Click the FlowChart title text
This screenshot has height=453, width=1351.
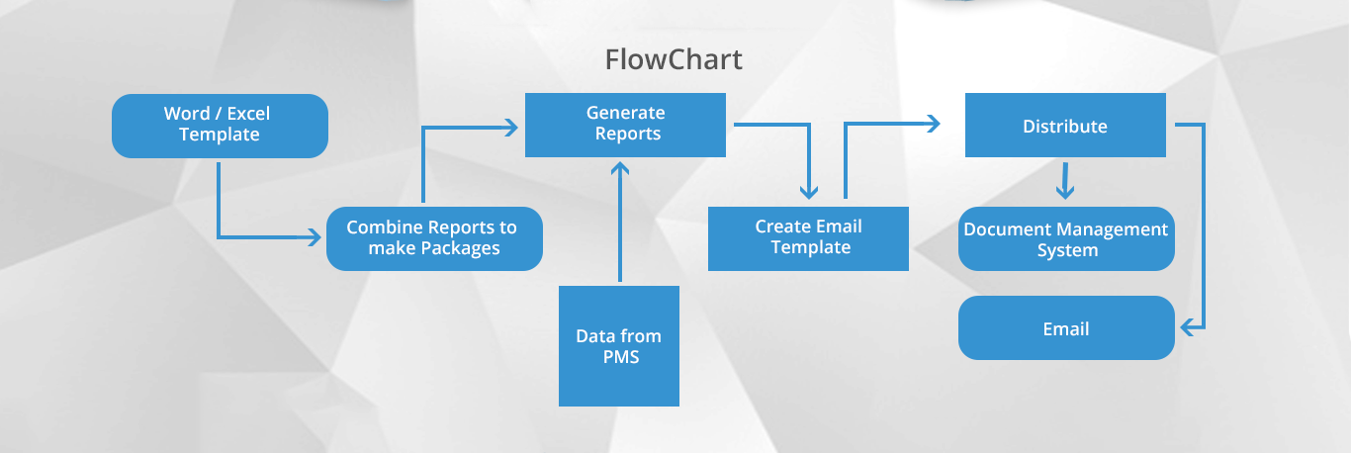(x=674, y=59)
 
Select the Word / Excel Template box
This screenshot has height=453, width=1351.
(x=220, y=126)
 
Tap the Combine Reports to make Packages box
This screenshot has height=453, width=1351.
(x=434, y=238)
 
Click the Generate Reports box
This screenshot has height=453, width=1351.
(x=625, y=125)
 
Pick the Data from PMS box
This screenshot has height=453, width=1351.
(x=619, y=346)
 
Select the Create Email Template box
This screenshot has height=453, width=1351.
(x=808, y=238)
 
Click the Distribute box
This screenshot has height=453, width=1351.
(x=1065, y=126)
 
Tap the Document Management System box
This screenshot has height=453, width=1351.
(x=1066, y=238)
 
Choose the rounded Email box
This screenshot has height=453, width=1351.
(x=1066, y=329)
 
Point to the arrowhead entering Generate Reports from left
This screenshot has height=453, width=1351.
(x=511, y=126)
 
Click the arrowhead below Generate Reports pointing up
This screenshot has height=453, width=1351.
(x=619, y=167)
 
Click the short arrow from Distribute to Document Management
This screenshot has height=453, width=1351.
(x=1064, y=182)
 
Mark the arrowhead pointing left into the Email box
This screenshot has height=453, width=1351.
(x=1187, y=326)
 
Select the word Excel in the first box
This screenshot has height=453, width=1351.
(x=248, y=114)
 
